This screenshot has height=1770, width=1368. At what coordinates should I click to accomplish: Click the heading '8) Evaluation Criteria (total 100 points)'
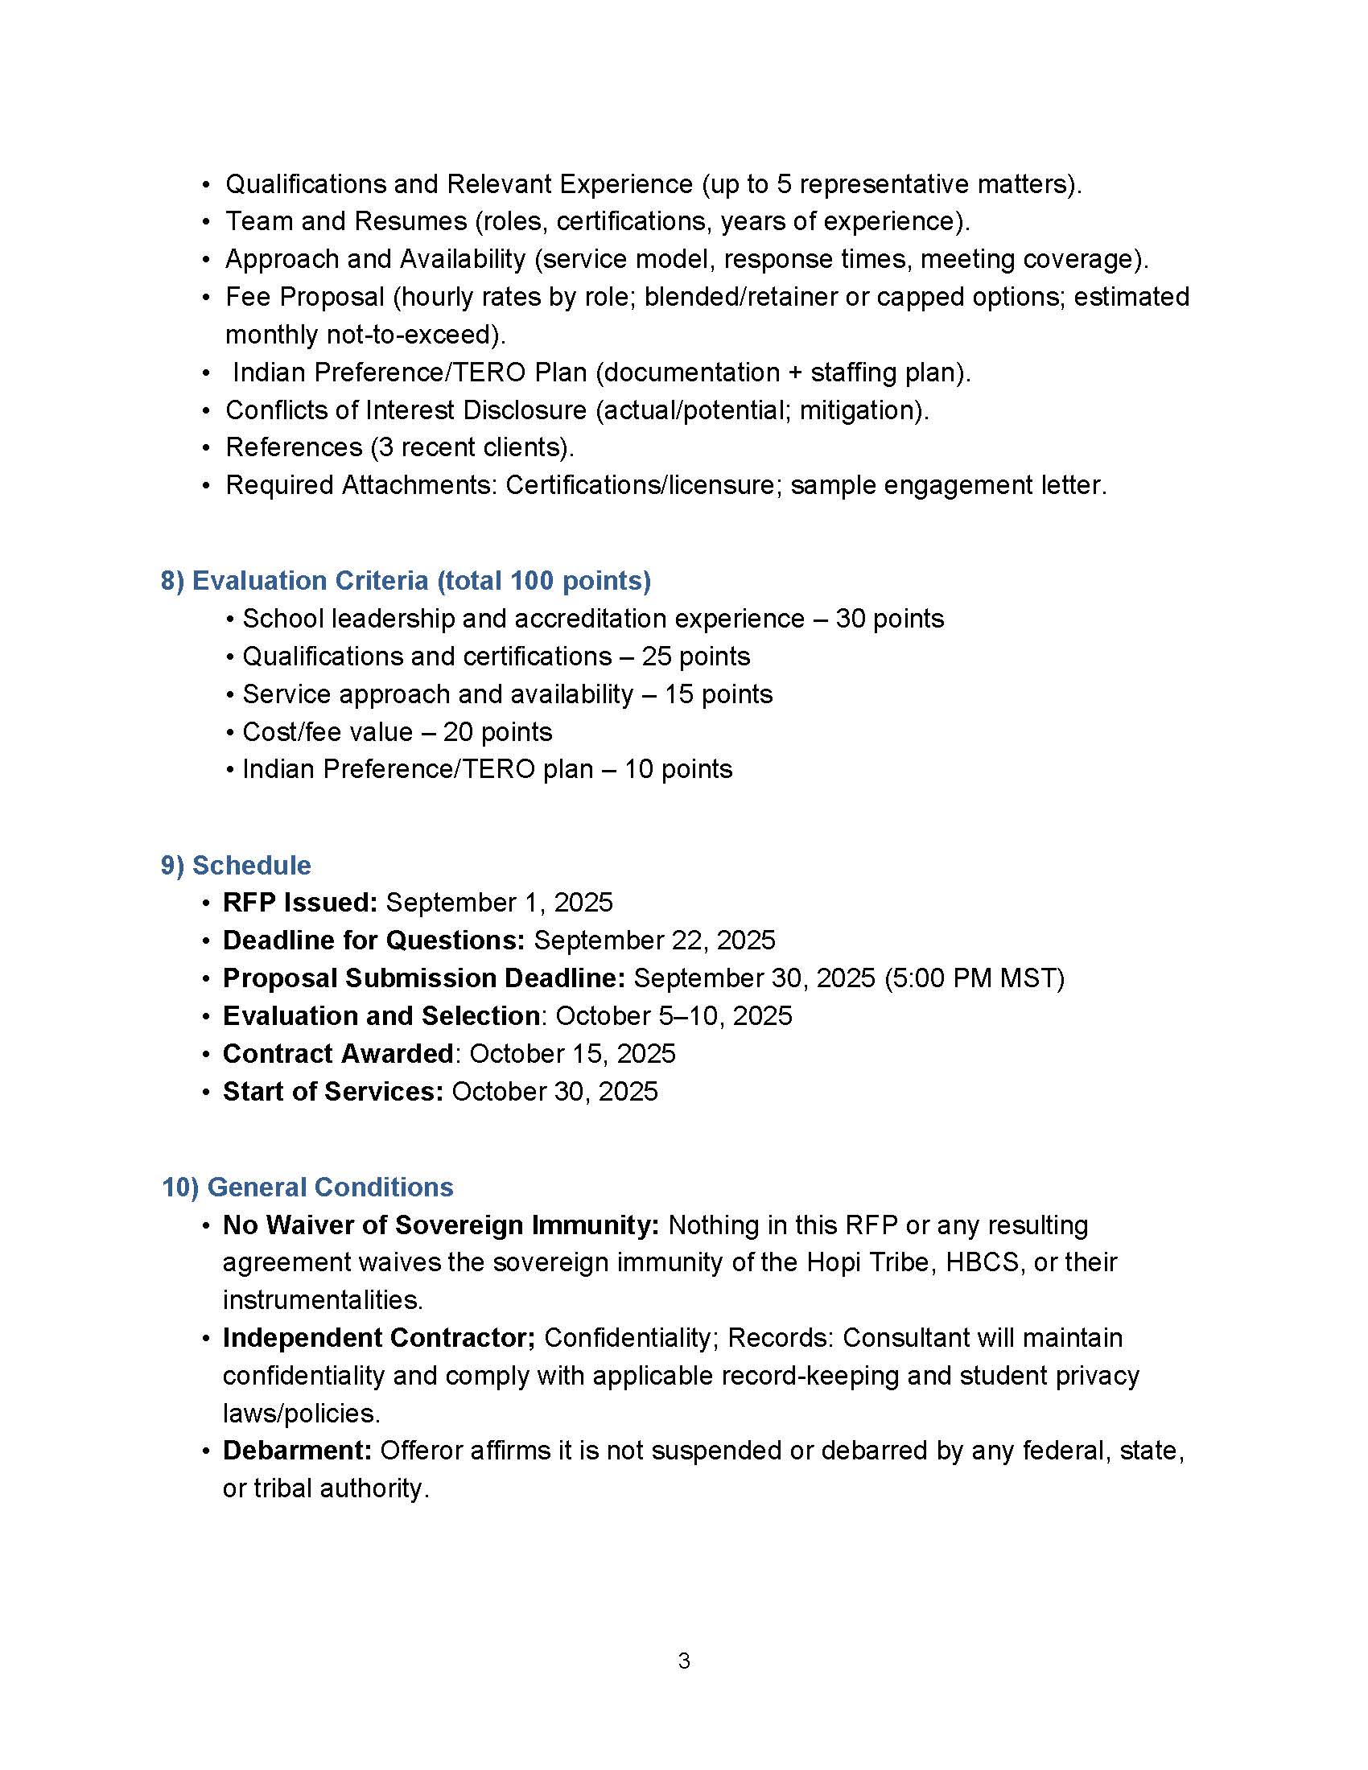pyautogui.click(x=406, y=580)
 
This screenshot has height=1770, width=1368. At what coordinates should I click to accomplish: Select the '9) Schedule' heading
pyautogui.click(x=235, y=865)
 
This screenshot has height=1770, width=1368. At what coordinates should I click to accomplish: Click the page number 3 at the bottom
pyautogui.click(x=684, y=1661)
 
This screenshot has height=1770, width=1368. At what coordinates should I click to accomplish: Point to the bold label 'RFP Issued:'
pyautogui.click(x=300, y=902)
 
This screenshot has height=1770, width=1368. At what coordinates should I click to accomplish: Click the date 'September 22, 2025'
pyautogui.click(x=654, y=940)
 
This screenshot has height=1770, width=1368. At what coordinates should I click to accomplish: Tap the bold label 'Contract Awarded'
pyautogui.click(x=337, y=1053)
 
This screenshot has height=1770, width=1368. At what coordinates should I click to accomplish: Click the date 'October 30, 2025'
pyautogui.click(x=554, y=1091)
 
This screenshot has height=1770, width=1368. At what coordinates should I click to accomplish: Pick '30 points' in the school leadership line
pyautogui.click(x=890, y=619)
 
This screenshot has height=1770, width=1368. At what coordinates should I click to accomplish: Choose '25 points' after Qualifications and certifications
pyautogui.click(x=695, y=656)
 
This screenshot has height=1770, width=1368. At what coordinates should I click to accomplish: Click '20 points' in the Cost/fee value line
pyautogui.click(x=497, y=732)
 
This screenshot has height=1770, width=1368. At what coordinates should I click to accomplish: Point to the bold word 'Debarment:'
pyautogui.click(x=297, y=1450)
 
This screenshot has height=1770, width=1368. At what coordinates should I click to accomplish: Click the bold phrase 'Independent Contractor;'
pyautogui.click(x=378, y=1337)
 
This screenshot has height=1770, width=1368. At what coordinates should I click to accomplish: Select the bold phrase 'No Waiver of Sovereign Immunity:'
pyautogui.click(x=441, y=1225)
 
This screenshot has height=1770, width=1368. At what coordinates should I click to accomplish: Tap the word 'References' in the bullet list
pyautogui.click(x=294, y=447)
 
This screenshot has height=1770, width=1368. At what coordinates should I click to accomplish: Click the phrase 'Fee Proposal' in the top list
pyautogui.click(x=305, y=297)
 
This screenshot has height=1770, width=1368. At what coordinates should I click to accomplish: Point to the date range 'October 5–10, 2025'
pyautogui.click(x=674, y=1015)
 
